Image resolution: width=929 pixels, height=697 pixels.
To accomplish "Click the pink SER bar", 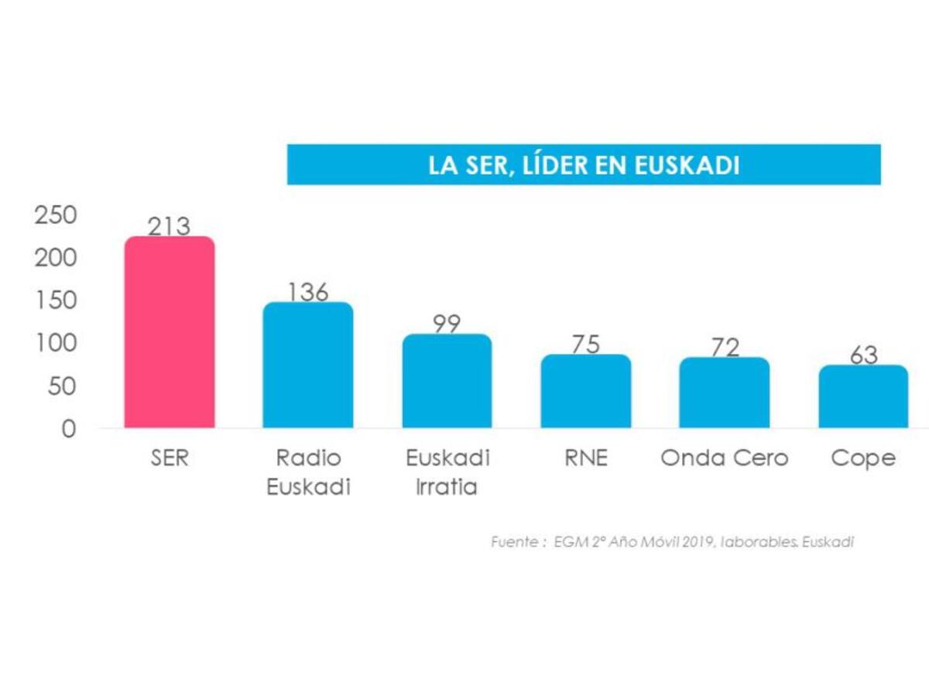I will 170,332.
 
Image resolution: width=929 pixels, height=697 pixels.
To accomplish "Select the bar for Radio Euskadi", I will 308,365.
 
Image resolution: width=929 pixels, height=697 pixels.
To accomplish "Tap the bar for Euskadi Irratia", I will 447,381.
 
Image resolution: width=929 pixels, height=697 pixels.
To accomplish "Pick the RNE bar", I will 586,391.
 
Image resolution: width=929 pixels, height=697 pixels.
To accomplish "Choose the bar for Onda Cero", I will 725,393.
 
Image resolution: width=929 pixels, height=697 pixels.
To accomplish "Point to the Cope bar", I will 863,397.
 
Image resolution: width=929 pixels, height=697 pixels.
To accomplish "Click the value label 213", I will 170,227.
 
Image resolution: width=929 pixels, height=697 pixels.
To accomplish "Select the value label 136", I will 308,292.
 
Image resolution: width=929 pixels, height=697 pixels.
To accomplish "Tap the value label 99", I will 447,324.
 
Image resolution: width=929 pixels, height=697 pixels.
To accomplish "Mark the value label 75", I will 586,345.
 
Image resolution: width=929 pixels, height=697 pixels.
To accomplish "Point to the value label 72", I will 725,347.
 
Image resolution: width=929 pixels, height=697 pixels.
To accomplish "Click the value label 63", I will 863,355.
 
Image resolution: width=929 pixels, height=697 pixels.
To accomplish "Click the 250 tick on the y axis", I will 57,215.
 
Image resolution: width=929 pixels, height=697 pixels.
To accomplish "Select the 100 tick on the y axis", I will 57,343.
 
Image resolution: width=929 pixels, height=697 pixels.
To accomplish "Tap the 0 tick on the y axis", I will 69,428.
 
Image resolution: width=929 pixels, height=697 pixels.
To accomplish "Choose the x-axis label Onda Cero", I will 725,458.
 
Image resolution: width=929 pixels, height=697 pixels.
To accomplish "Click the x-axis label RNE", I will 586,458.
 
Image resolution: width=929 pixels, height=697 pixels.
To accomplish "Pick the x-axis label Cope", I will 863,458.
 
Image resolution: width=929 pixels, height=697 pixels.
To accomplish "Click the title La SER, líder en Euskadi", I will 584,165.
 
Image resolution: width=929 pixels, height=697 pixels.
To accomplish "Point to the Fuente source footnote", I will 672,542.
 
